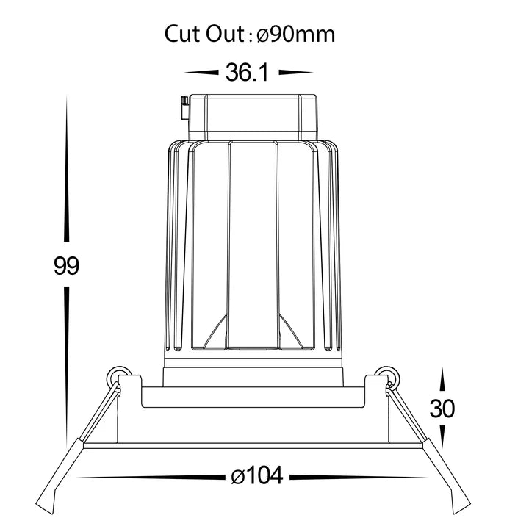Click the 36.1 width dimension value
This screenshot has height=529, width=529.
point(247,72)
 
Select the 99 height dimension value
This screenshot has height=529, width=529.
point(66,265)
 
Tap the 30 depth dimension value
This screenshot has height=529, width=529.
point(442,409)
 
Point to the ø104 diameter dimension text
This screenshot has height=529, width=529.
point(257,476)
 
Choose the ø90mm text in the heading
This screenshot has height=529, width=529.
point(296,34)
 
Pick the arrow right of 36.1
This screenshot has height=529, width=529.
point(296,72)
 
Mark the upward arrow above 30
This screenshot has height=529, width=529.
point(442,382)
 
